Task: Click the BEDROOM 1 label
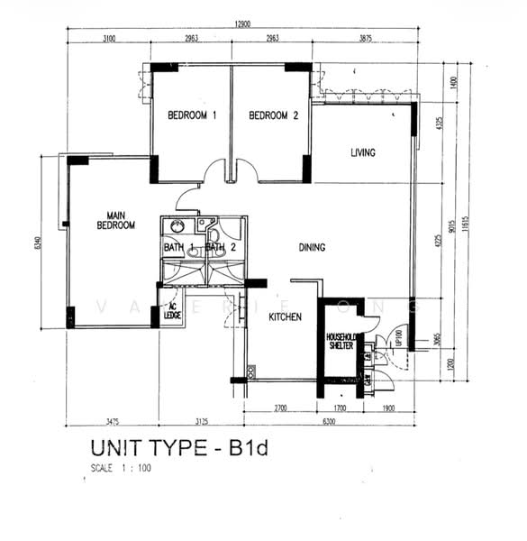[x=192, y=115]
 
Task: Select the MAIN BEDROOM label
[x=115, y=221]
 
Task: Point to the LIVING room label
[x=362, y=152]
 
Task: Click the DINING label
[x=312, y=247]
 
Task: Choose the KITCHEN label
[x=285, y=317]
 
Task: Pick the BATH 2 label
[x=221, y=247]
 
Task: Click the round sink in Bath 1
[x=177, y=227]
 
